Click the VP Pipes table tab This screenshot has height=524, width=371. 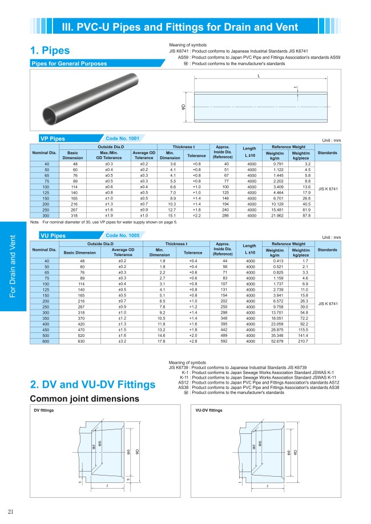[x=53, y=139]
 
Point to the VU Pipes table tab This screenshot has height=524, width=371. [x=53, y=235]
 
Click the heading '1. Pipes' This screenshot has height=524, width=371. [x=54, y=52]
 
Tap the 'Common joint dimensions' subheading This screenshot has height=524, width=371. [x=76, y=399]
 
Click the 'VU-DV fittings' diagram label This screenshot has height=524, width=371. [x=209, y=411]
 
